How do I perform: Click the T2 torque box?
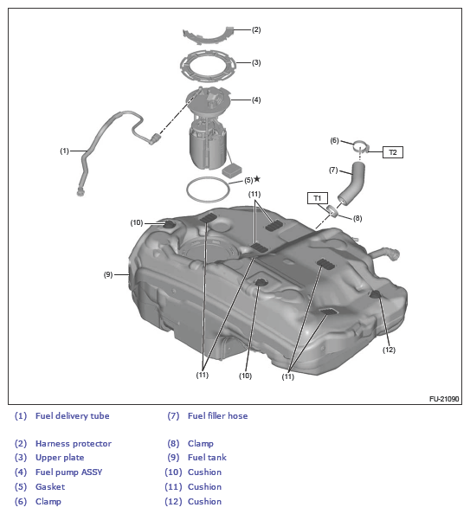click(x=393, y=152)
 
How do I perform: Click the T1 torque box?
click(x=317, y=198)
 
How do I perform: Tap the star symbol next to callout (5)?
click(x=257, y=179)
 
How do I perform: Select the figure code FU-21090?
click(x=444, y=399)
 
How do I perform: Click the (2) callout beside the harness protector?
click(x=256, y=29)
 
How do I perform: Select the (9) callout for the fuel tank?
click(x=108, y=274)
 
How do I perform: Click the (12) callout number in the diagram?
click(x=389, y=350)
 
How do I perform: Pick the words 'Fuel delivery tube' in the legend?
click(x=73, y=416)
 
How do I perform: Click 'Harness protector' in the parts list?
click(x=74, y=444)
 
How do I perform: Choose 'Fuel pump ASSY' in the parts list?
click(x=69, y=472)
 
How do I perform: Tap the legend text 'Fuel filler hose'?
click(x=218, y=416)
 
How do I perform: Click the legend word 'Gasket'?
click(x=50, y=487)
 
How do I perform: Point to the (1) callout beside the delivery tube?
click(x=64, y=151)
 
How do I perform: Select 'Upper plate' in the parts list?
click(x=60, y=458)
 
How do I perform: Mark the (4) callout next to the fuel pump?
click(x=256, y=100)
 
